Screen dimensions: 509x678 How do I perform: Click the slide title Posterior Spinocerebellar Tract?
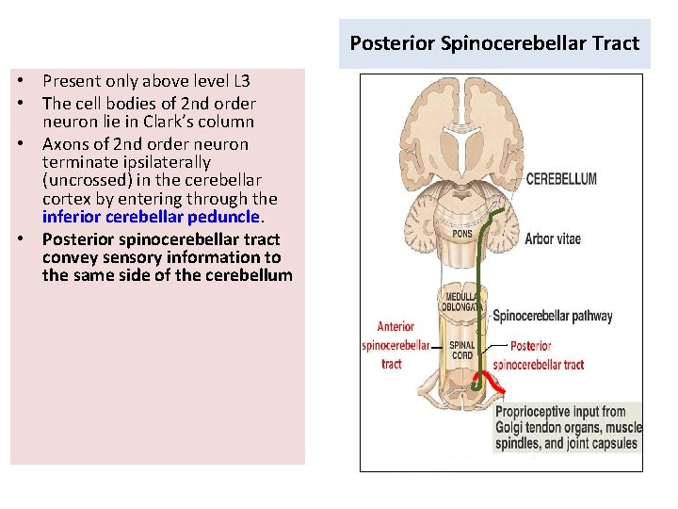(494, 43)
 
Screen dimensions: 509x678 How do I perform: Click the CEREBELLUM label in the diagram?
(561, 179)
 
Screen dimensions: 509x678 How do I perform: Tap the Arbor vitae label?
(553, 238)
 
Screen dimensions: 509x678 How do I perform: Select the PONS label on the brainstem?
(461, 234)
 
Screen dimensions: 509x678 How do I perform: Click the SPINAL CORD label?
(461, 351)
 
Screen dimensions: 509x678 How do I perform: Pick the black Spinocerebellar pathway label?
(553, 317)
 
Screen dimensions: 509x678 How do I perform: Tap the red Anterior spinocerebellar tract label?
(395, 345)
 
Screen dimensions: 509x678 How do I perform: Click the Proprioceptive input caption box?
(568, 427)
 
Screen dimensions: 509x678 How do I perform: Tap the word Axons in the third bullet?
(65, 144)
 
